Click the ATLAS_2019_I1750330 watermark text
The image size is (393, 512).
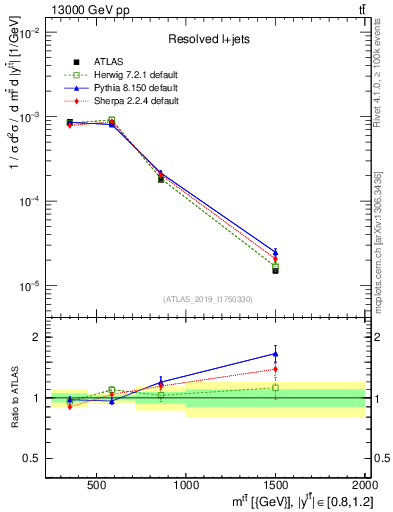pos(206,298)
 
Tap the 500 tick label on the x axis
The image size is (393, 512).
pos(97,486)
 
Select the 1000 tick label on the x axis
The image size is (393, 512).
pos(185,486)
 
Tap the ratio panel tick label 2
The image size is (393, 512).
pos(35,337)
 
